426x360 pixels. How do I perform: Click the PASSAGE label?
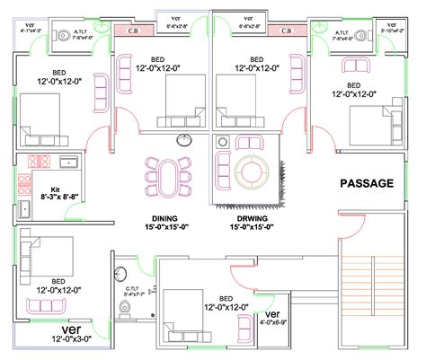pyautogui.click(x=366, y=183)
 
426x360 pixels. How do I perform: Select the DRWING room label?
pyautogui.click(x=253, y=217)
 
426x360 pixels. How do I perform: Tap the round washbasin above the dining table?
pyautogui.click(x=186, y=138)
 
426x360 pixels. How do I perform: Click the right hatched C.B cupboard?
pyautogui.click(x=287, y=31)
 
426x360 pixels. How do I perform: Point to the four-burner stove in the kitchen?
pyautogui.click(x=39, y=162)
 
